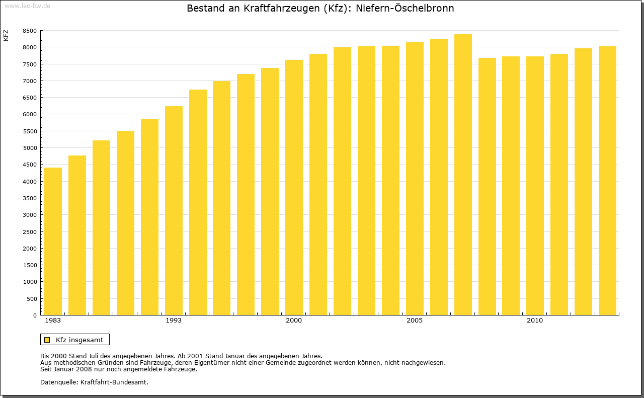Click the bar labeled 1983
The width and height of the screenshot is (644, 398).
click(x=53, y=242)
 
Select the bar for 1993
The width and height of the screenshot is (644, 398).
click(x=174, y=211)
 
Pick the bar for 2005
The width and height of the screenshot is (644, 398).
click(x=415, y=179)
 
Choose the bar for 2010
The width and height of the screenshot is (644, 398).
click(x=535, y=186)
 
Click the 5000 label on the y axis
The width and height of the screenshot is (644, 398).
click(x=30, y=148)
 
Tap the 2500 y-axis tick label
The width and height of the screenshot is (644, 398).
click(x=30, y=231)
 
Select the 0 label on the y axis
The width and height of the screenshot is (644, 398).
click(x=34, y=315)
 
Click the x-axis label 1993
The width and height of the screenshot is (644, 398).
click(x=174, y=321)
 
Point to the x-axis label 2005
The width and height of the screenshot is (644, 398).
click(x=415, y=321)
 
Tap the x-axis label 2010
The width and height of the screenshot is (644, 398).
click(x=535, y=321)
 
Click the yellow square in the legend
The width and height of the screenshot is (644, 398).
click(x=47, y=340)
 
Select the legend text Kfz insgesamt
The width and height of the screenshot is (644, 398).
click(x=79, y=340)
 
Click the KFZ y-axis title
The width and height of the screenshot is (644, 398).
click(x=6, y=35)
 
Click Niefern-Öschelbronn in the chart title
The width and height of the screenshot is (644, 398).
click(x=405, y=9)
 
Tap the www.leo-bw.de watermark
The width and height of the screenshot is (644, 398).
click(x=27, y=6)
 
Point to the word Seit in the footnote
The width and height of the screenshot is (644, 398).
click(x=46, y=369)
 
